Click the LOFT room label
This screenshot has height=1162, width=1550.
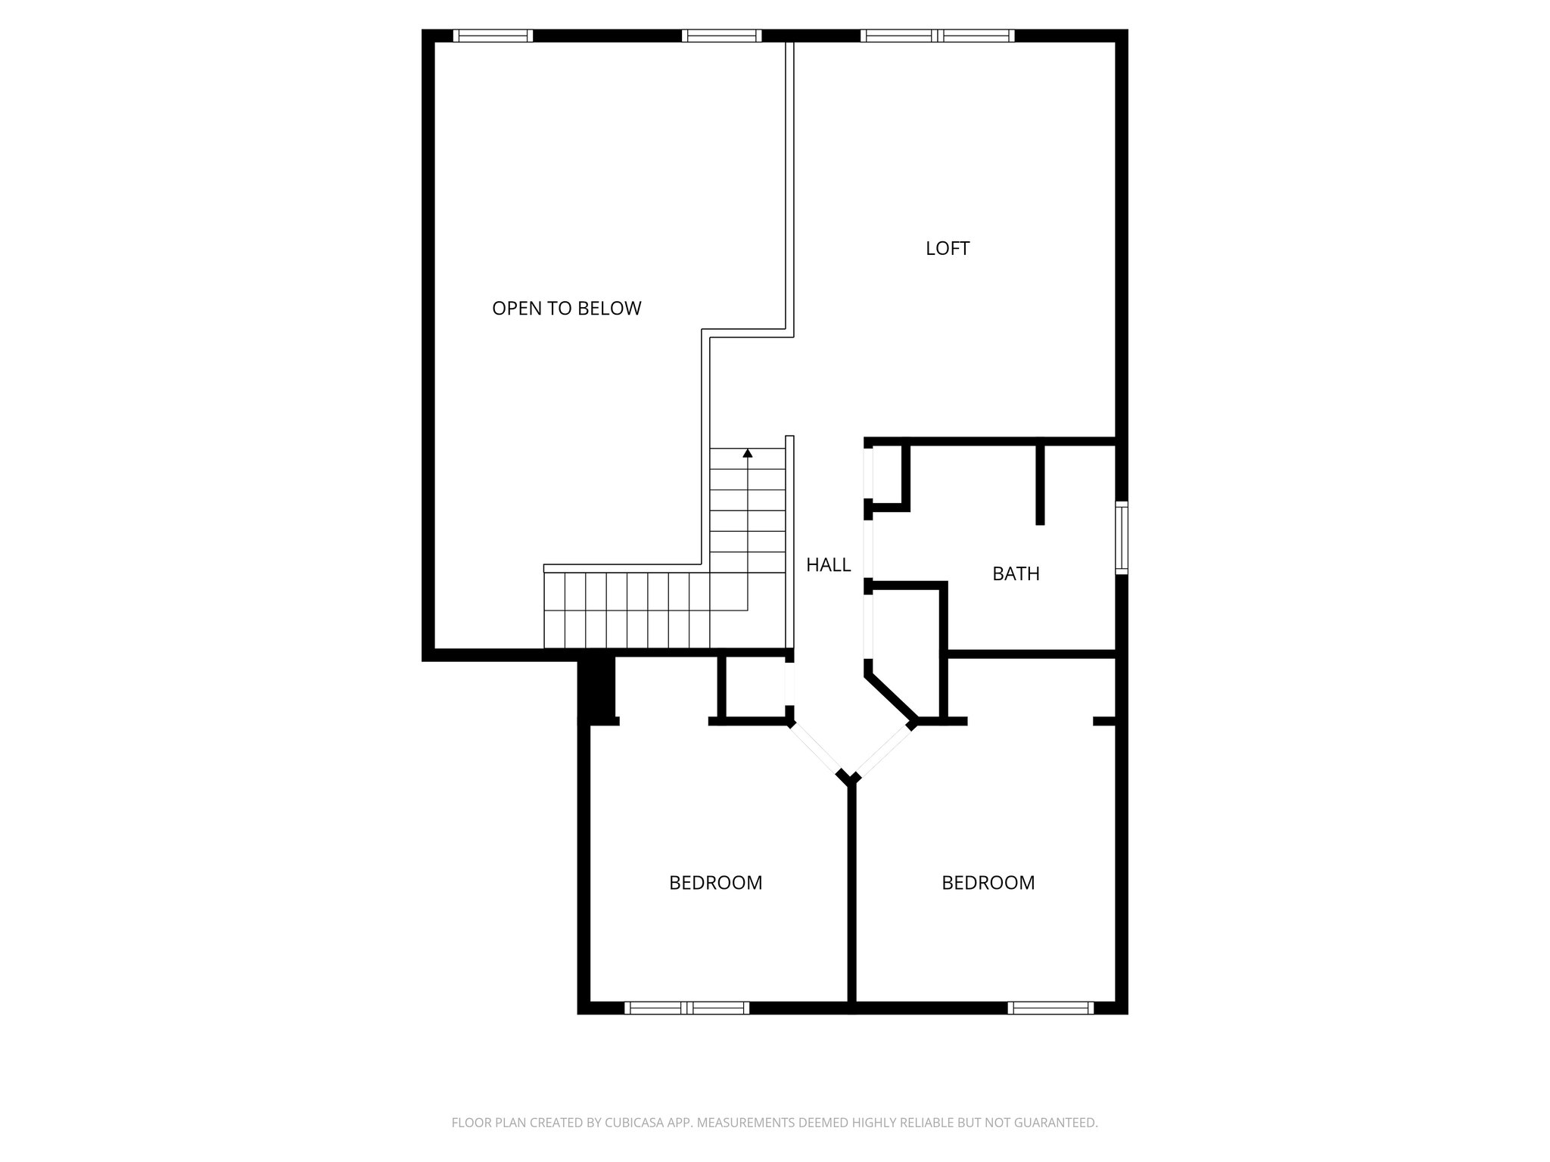click(947, 248)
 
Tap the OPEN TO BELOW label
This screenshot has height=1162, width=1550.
click(566, 309)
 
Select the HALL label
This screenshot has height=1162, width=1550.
click(828, 564)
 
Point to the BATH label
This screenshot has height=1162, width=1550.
click(1016, 573)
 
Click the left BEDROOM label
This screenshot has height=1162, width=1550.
click(715, 883)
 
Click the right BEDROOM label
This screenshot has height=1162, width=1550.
click(988, 883)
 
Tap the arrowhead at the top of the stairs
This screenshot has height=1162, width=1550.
click(748, 453)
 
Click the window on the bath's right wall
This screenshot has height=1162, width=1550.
click(1122, 537)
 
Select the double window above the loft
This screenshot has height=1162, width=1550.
click(938, 36)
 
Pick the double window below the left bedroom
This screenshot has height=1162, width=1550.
click(687, 1008)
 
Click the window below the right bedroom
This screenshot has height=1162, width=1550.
click(1050, 1008)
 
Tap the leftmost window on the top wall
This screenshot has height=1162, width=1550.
click(493, 36)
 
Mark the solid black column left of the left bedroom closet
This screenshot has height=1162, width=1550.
click(597, 688)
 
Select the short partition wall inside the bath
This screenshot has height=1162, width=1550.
click(1040, 484)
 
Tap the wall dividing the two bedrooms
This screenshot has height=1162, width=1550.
click(851, 893)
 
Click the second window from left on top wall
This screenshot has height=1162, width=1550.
click(721, 36)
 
